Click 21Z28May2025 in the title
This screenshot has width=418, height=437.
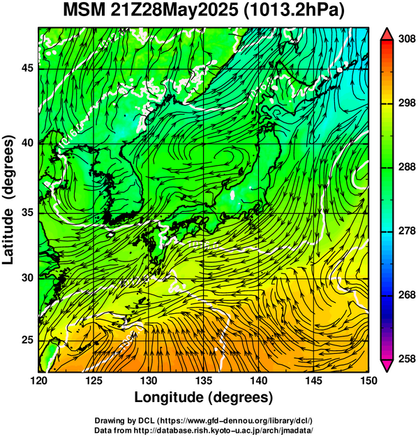(175, 11)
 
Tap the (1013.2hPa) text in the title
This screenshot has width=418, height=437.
(294, 11)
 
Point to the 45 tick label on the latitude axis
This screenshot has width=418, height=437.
(28, 68)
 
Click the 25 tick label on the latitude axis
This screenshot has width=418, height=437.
(28, 341)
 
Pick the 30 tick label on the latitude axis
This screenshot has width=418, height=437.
(28, 278)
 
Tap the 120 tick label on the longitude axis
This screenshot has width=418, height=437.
(39, 380)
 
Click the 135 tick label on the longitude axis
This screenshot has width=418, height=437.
(204, 380)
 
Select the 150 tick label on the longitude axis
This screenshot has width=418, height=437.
(368, 380)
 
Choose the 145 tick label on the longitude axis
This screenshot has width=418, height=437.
(314, 380)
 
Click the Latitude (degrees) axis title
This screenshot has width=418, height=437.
(8, 200)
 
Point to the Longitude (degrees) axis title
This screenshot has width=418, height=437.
(204, 397)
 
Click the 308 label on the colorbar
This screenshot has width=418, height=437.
(407, 39)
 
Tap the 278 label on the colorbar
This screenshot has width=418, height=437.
(407, 231)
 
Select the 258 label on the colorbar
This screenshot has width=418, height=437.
(407, 359)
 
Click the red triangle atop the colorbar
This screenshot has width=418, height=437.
(387, 35)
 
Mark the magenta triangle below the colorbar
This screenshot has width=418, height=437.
(387, 366)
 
